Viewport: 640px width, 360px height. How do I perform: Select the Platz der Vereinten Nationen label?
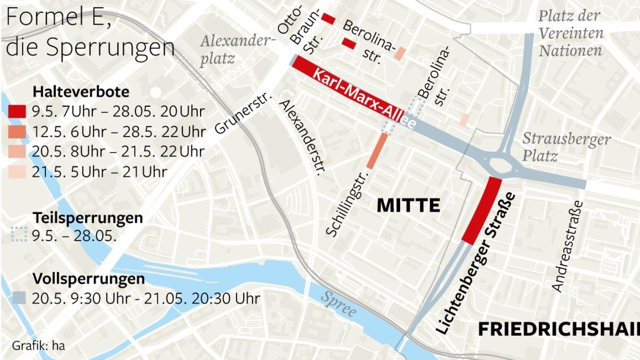pyautogui.click(x=570, y=33)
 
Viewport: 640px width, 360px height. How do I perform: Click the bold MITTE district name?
pyautogui.click(x=408, y=205)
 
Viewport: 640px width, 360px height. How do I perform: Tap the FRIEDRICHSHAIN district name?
pyautogui.click(x=558, y=329)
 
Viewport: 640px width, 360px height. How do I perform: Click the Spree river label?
pyautogui.click(x=338, y=305)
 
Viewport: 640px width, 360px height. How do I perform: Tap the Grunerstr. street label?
pyautogui.click(x=244, y=114)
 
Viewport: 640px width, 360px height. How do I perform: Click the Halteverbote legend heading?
pyautogui.click(x=81, y=92)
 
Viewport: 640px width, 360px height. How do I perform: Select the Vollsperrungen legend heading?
pyautogui.click(x=89, y=279)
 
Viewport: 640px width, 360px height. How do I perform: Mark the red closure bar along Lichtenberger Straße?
pyautogui.click(x=482, y=210)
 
